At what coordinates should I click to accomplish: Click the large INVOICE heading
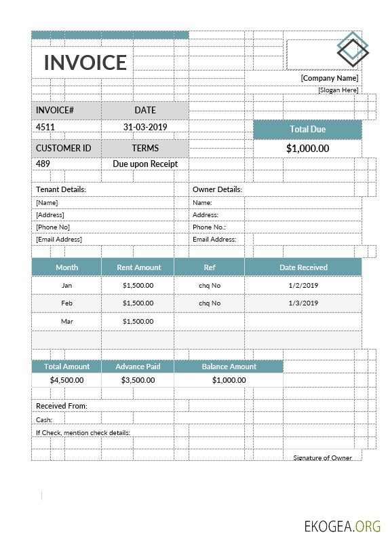(x=85, y=62)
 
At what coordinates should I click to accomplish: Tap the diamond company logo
(x=353, y=50)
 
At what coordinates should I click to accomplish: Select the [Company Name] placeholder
(x=330, y=79)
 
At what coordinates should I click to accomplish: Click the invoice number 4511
(x=45, y=127)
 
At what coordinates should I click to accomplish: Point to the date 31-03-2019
(x=145, y=127)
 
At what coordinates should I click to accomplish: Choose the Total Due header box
(x=308, y=129)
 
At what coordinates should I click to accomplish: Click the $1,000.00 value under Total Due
(x=308, y=149)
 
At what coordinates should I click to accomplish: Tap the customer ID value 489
(x=43, y=164)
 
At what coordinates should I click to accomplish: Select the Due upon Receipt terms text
(x=145, y=164)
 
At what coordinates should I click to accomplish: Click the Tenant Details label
(x=61, y=189)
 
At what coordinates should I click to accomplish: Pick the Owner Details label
(x=217, y=189)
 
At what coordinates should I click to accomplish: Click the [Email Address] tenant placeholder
(x=59, y=239)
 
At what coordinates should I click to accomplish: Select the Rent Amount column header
(x=138, y=267)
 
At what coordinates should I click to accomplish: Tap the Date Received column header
(x=303, y=267)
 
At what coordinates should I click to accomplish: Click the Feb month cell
(x=66, y=303)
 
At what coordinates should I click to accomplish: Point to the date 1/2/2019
(x=303, y=286)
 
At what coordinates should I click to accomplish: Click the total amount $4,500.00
(x=66, y=380)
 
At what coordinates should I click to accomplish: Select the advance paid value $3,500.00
(x=138, y=380)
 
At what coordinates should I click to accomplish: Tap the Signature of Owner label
(x=323, y=457)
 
